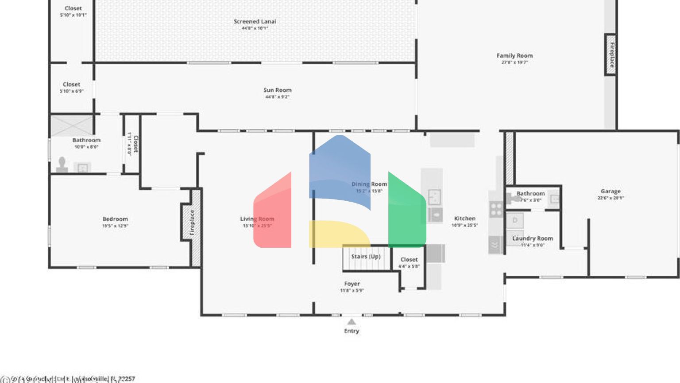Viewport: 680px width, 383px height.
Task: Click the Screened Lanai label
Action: (x=255, y=21)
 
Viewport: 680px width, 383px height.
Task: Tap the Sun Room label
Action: (x=277, y=90)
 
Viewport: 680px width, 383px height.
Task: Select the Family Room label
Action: (x=514, y=55)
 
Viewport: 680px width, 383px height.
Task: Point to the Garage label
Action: (x=610, y=191)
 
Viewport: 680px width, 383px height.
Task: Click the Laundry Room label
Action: (x=533, y=238)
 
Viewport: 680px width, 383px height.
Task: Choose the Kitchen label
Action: (x=464, y=218)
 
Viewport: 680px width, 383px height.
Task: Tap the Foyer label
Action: (x=352, y=284)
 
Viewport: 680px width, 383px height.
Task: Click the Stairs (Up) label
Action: (x=366, y=256)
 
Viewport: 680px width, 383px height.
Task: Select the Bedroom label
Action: (x=115, y=219)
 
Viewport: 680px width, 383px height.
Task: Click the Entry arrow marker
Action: (x=352, y=321)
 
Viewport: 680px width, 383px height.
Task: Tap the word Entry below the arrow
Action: (x=352, y=331)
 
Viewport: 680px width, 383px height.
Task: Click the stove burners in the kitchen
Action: (x=496, y=209)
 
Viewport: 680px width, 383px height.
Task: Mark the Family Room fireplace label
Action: (x=611, y=55)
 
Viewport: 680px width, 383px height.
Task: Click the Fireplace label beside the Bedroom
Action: (x=192, y=222)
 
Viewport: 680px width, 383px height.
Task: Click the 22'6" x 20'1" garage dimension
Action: (x=610, y=198)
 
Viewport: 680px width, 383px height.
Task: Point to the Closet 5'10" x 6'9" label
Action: (x=72, y=84)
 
